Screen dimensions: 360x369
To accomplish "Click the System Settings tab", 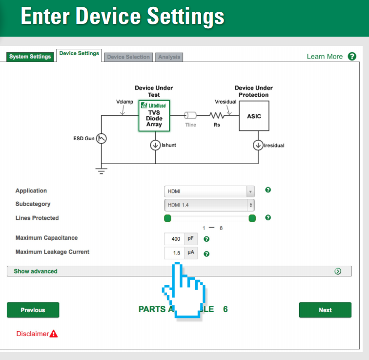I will tap(30, 57).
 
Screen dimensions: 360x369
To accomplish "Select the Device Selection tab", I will tap(128, 57).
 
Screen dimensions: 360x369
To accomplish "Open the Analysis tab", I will tap(169, 57).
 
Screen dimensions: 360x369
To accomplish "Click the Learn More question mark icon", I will tap(352, 56).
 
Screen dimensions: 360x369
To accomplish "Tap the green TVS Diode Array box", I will tap(154, 116).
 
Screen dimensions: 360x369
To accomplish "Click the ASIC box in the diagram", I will tap(254, 116).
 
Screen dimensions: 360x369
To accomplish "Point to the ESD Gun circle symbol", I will tap(102, 139).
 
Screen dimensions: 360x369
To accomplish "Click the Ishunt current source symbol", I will tap(155, 145).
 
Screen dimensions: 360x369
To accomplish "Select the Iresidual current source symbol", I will tap(257, 145).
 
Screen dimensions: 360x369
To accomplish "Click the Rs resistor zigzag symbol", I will tap(217, 116).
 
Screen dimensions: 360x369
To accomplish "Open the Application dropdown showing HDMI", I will tap(209, 191).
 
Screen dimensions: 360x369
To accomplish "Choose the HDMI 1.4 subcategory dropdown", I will tap(209, 205).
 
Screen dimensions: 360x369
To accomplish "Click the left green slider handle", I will tap(168, 218).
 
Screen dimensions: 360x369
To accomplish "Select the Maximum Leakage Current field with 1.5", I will tap(174, 253).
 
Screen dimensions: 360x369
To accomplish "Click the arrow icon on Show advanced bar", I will tap(338, 271).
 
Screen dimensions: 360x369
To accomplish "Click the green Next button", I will tap(325, 310).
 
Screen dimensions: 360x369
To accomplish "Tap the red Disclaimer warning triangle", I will tap(54, 334).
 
